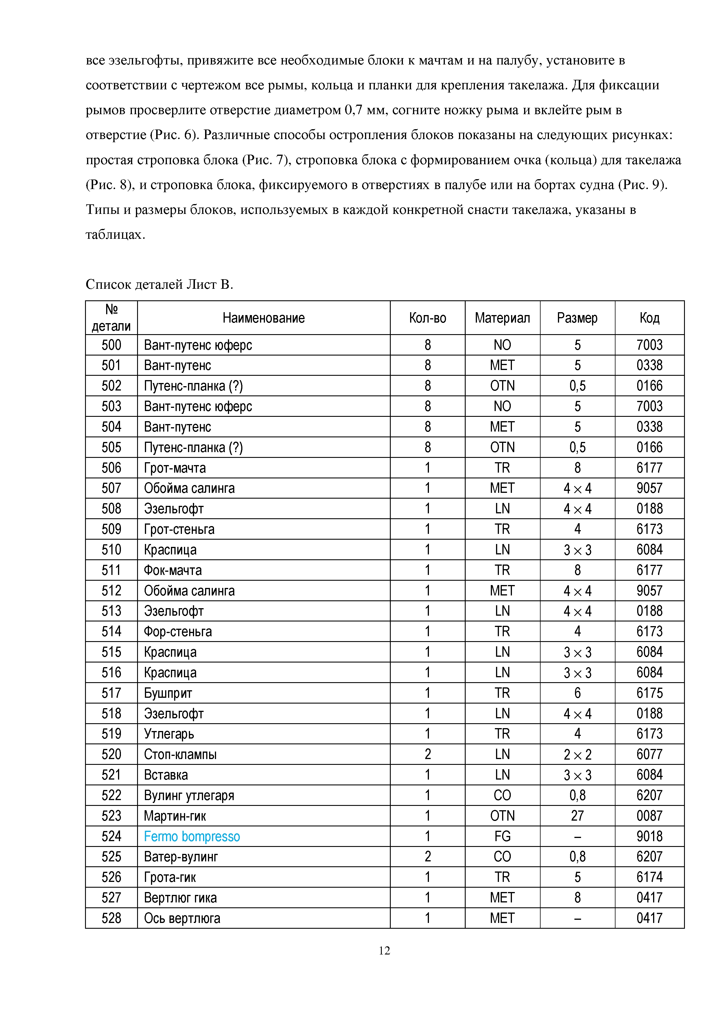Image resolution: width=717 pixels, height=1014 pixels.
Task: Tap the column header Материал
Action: [502, 318]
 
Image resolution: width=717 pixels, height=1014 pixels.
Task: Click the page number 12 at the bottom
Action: [384, 950]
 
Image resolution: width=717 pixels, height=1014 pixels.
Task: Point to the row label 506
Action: [111, 468]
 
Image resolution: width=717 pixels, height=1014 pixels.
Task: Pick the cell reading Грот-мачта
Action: [175, 468]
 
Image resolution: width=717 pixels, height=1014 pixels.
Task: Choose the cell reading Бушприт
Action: [168, 693]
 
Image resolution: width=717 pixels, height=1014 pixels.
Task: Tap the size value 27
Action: [577, 816]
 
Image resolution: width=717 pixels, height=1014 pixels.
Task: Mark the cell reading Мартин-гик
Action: [175, 816]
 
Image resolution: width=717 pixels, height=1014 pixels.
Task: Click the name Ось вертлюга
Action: [182, 918]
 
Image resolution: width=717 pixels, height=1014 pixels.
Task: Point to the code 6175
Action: [649, 693]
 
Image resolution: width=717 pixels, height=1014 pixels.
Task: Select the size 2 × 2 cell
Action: [577, 754]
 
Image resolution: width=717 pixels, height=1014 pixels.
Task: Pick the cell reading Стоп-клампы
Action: [180, 754]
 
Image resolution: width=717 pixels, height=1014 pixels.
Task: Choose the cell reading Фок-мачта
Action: [173, 570]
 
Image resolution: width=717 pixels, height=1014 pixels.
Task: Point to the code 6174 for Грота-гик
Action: [649, 877]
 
